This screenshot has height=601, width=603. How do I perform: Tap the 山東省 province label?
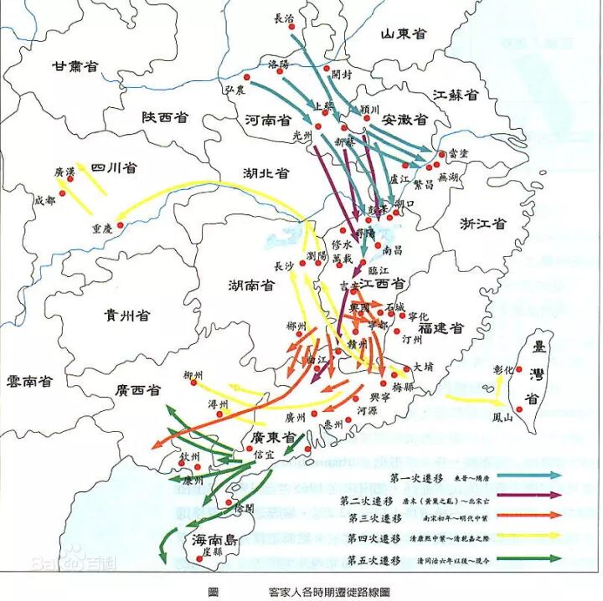pyautogui.click(x=404, y=33)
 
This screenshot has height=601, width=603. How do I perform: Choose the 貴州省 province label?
pyautogui.click(x=127, y=315)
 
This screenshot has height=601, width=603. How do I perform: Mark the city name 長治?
pyautogui.click(x=285, y=18)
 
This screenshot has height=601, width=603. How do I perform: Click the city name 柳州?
pyautogui.click(x=193, y=375)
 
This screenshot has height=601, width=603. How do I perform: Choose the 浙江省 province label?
pyautogui.click(x=482, y=224)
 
